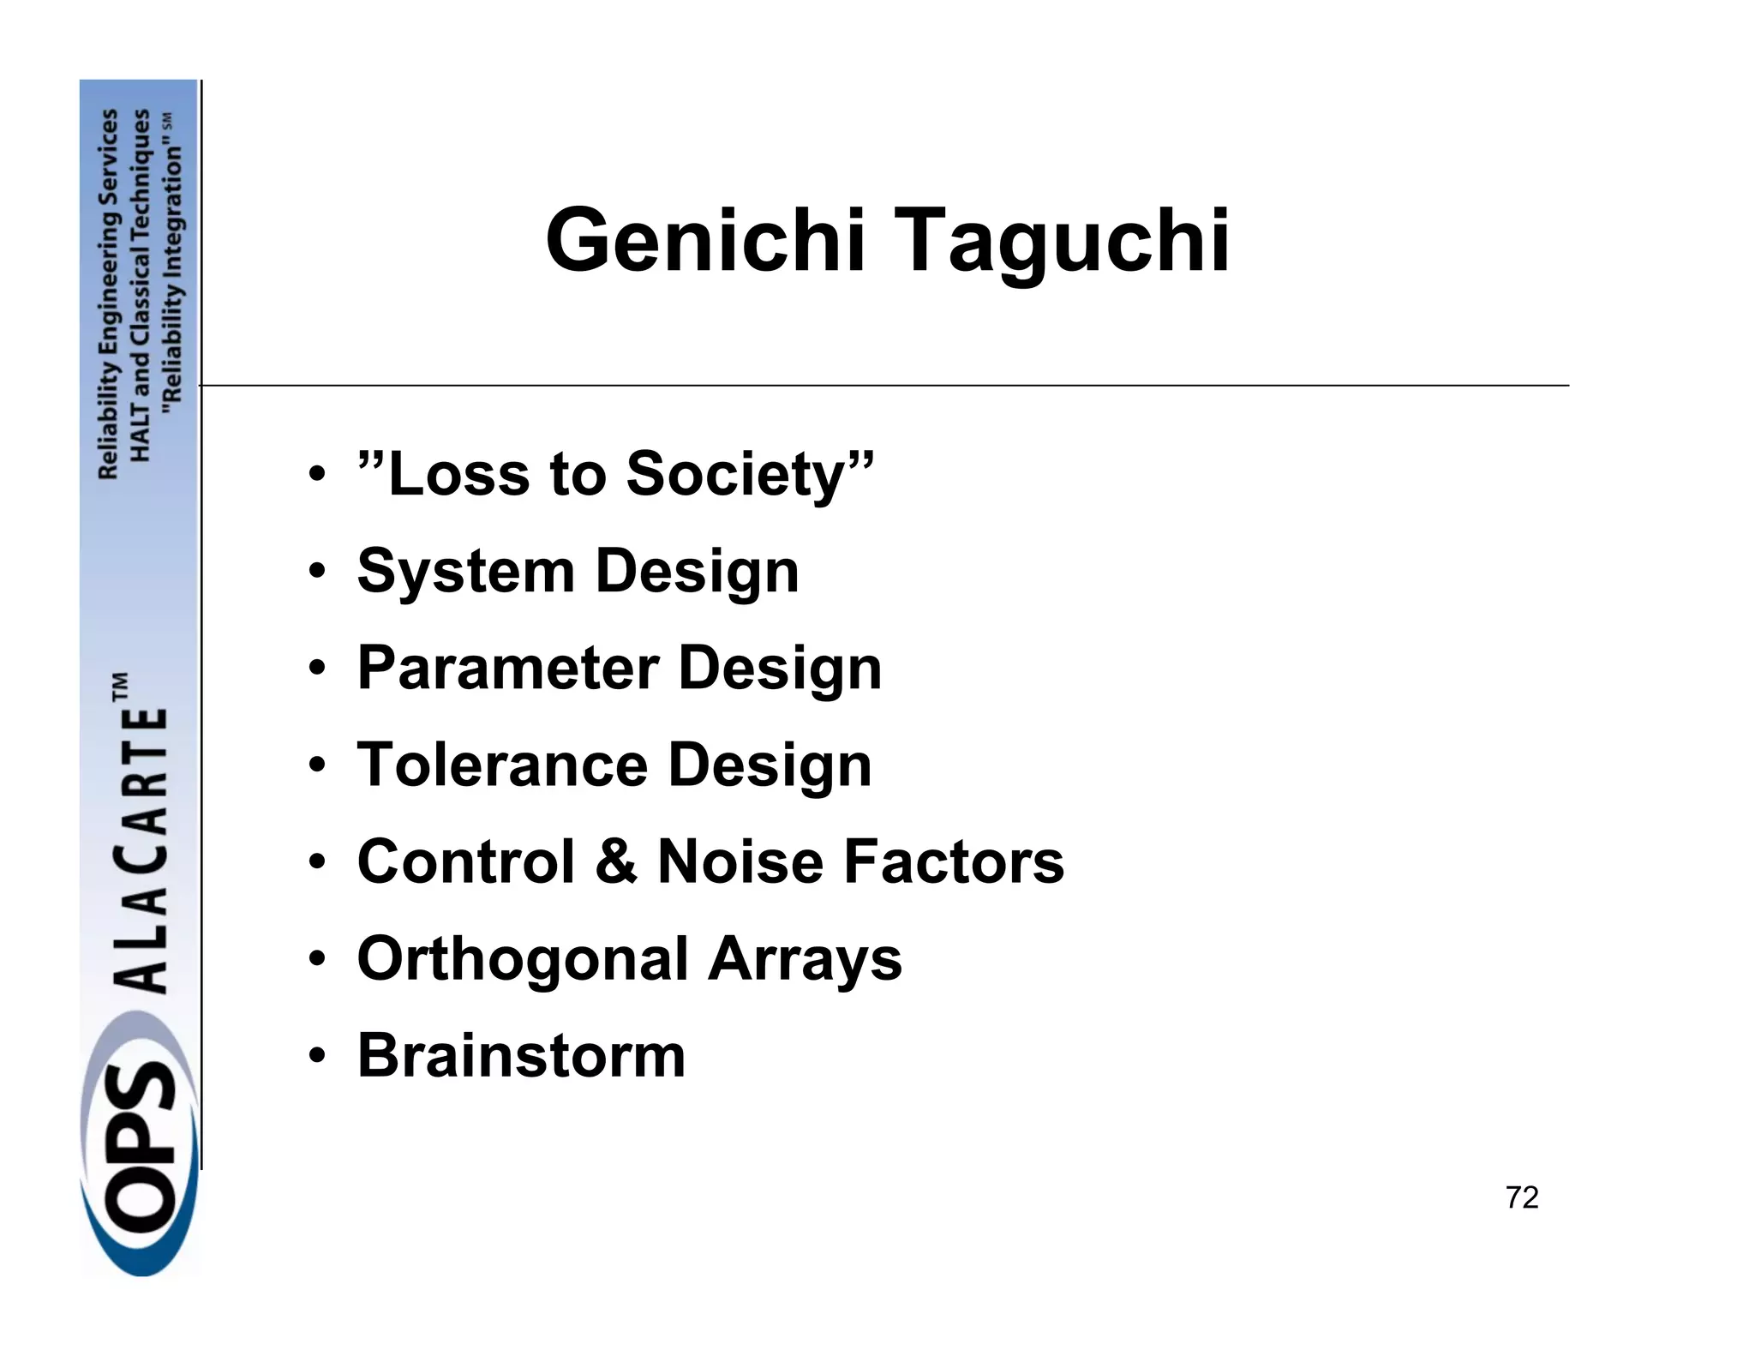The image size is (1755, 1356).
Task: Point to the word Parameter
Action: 507,668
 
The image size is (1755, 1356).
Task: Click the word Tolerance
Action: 502,765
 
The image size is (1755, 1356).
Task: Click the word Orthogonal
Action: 522,960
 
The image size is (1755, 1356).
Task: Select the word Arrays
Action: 805,960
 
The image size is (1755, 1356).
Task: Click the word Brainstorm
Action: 521,1056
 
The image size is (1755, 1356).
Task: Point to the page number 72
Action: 1522,1197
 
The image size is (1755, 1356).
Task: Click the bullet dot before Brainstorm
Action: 317,1056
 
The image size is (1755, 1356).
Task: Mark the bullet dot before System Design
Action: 317,571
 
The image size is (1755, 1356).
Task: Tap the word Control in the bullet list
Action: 466,861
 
